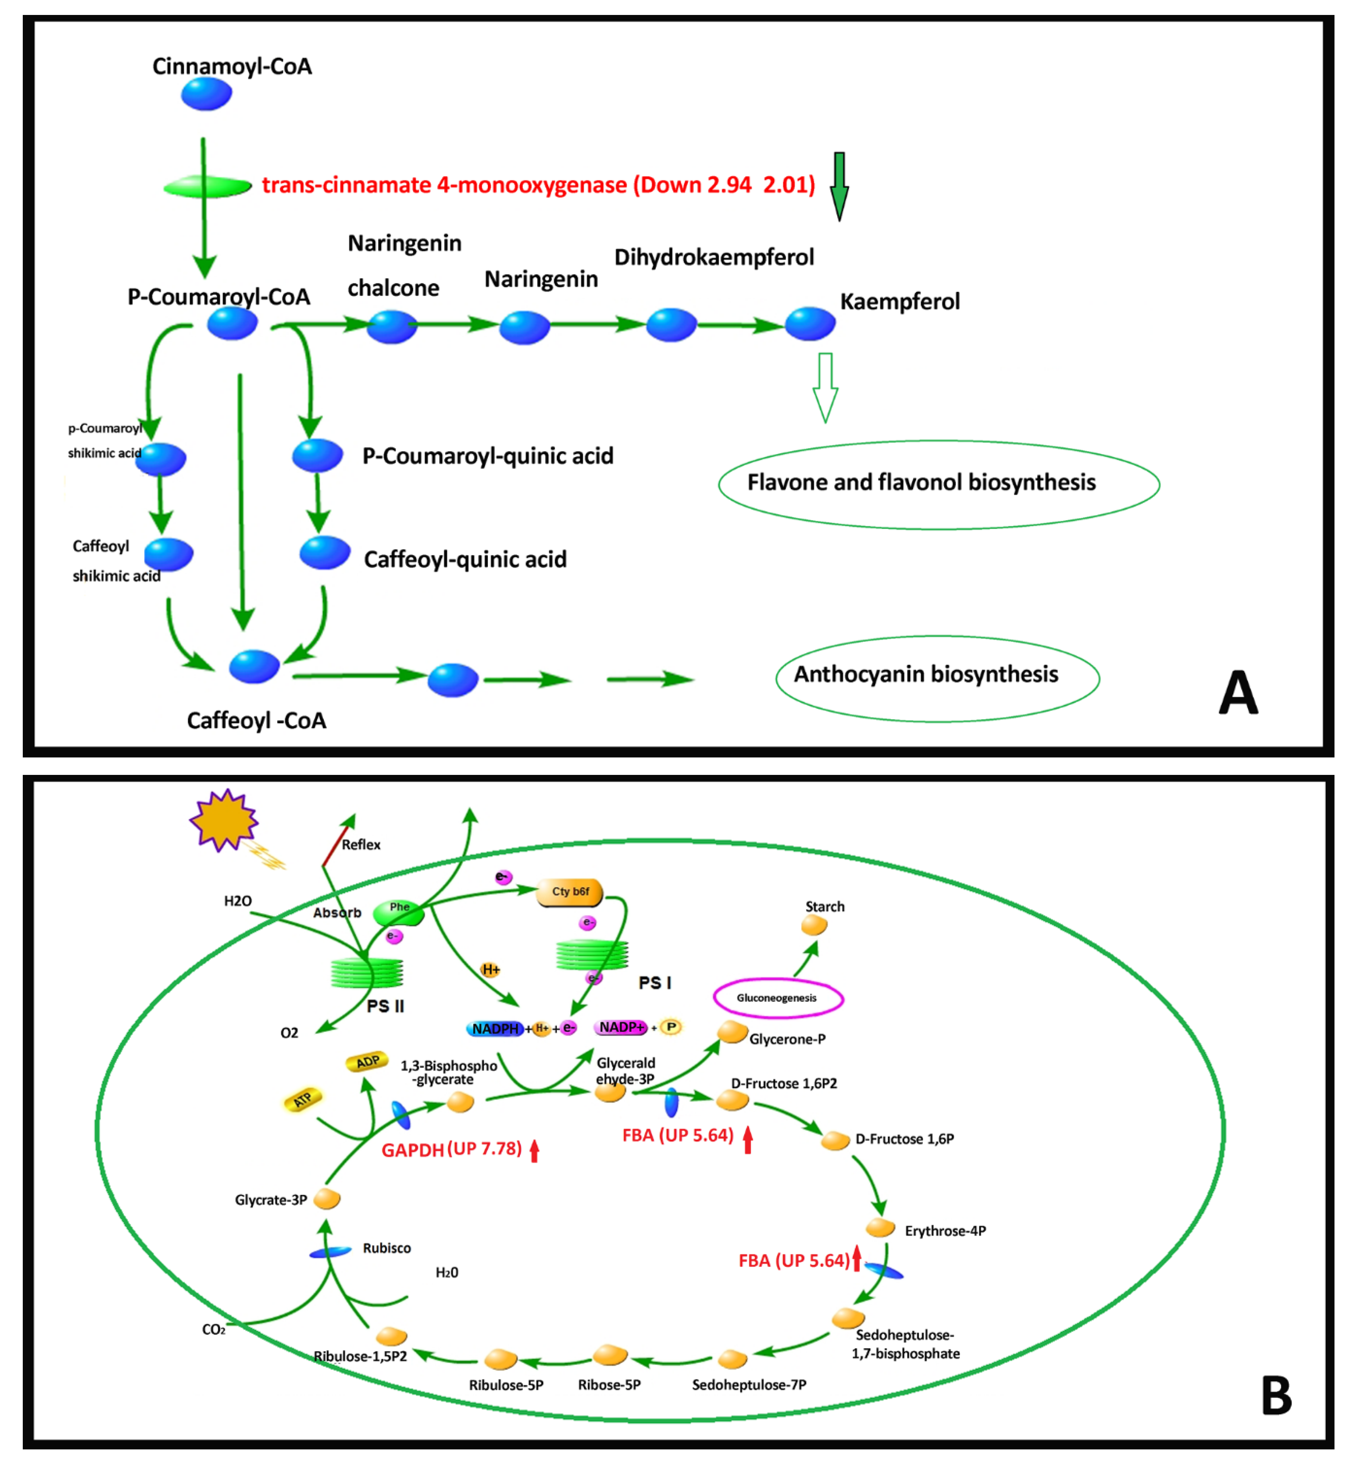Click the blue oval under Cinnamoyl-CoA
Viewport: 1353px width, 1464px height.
point(206,94)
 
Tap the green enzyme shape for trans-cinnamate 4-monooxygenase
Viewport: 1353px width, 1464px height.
point(207,186)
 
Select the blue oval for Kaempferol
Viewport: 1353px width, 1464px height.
point(810,324)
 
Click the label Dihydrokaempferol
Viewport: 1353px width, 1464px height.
point(714,257)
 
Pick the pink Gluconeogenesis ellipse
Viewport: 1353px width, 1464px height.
point(778,997)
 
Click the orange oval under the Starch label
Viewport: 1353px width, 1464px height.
point(814,926)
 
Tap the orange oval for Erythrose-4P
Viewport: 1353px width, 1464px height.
point(880,1227)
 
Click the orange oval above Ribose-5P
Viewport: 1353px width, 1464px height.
point(609,1355)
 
